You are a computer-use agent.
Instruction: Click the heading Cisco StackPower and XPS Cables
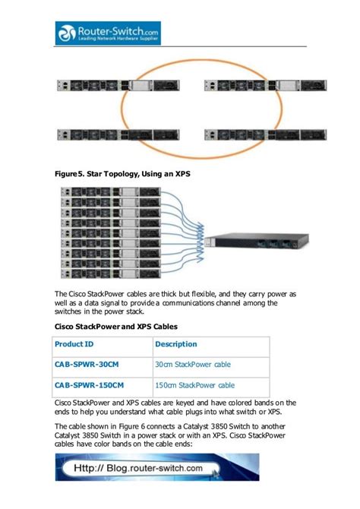(x=115, y=327)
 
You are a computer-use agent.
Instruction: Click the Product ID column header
(x=74, y=345)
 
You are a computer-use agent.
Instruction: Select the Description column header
(x=176, y=345)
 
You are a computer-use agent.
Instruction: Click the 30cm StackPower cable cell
(x=193, y=365)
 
